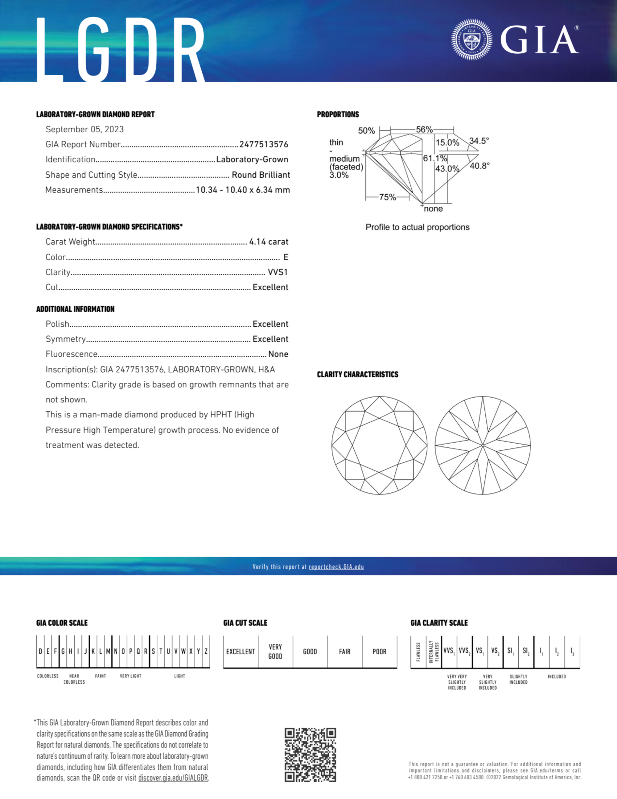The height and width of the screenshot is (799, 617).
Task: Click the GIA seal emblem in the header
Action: (472, 39)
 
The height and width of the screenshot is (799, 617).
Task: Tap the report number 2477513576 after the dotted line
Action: (264, 144)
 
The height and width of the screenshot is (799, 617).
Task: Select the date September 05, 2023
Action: (84, 130)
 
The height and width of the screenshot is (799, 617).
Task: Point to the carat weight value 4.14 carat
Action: (269, 242)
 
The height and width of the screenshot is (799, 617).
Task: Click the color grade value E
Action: (286, 257)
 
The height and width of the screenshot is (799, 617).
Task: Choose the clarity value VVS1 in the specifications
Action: (278, 272)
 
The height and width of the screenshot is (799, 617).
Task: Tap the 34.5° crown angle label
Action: (479, 141)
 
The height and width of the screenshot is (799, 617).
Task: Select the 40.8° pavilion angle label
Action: (479, 166)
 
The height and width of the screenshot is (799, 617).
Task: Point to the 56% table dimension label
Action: (424, 130)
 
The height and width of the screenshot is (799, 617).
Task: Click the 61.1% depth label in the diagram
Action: (435, 158)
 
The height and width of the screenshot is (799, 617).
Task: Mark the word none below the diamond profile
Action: (434, 209)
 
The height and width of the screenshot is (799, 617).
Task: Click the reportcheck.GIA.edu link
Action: (336, 567)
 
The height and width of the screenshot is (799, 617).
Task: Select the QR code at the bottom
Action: (310, 755)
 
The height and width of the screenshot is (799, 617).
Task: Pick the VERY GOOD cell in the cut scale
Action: (275, 652)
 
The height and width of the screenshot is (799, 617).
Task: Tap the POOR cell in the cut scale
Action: (379, 652)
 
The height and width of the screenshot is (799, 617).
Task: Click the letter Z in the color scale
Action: (206, 651)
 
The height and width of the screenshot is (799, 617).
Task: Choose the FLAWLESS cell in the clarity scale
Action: (418, 652)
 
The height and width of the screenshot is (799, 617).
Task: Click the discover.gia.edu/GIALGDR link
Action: (173, 778)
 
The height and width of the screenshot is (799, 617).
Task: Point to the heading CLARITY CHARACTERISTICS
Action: (357, 375)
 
